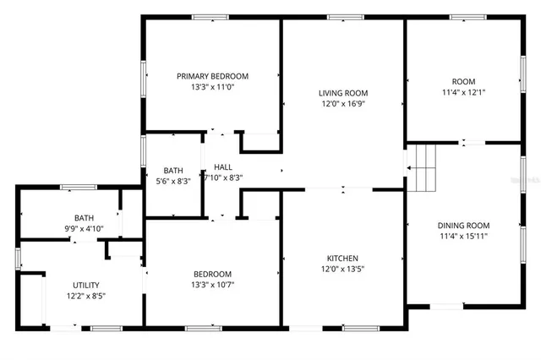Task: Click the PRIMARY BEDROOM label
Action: tap(212, 76)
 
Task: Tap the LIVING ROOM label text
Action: tap(343, 93)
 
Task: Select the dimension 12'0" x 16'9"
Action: tap(343, 104)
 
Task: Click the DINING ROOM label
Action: tap(463, 226)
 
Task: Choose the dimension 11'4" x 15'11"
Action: tap(463, 237)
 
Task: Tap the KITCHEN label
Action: tap(343, 259)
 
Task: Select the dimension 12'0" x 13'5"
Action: tap(343, 270)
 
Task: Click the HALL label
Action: tap(223, 167)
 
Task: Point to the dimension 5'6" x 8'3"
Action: tap(173, 180)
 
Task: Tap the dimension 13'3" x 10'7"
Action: tap(212, 285)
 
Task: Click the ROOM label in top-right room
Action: tap(463, 81)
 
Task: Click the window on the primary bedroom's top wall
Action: tap(210, 17)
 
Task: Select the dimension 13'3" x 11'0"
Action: tap(212, 87)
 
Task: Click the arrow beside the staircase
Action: tap(409, 168)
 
